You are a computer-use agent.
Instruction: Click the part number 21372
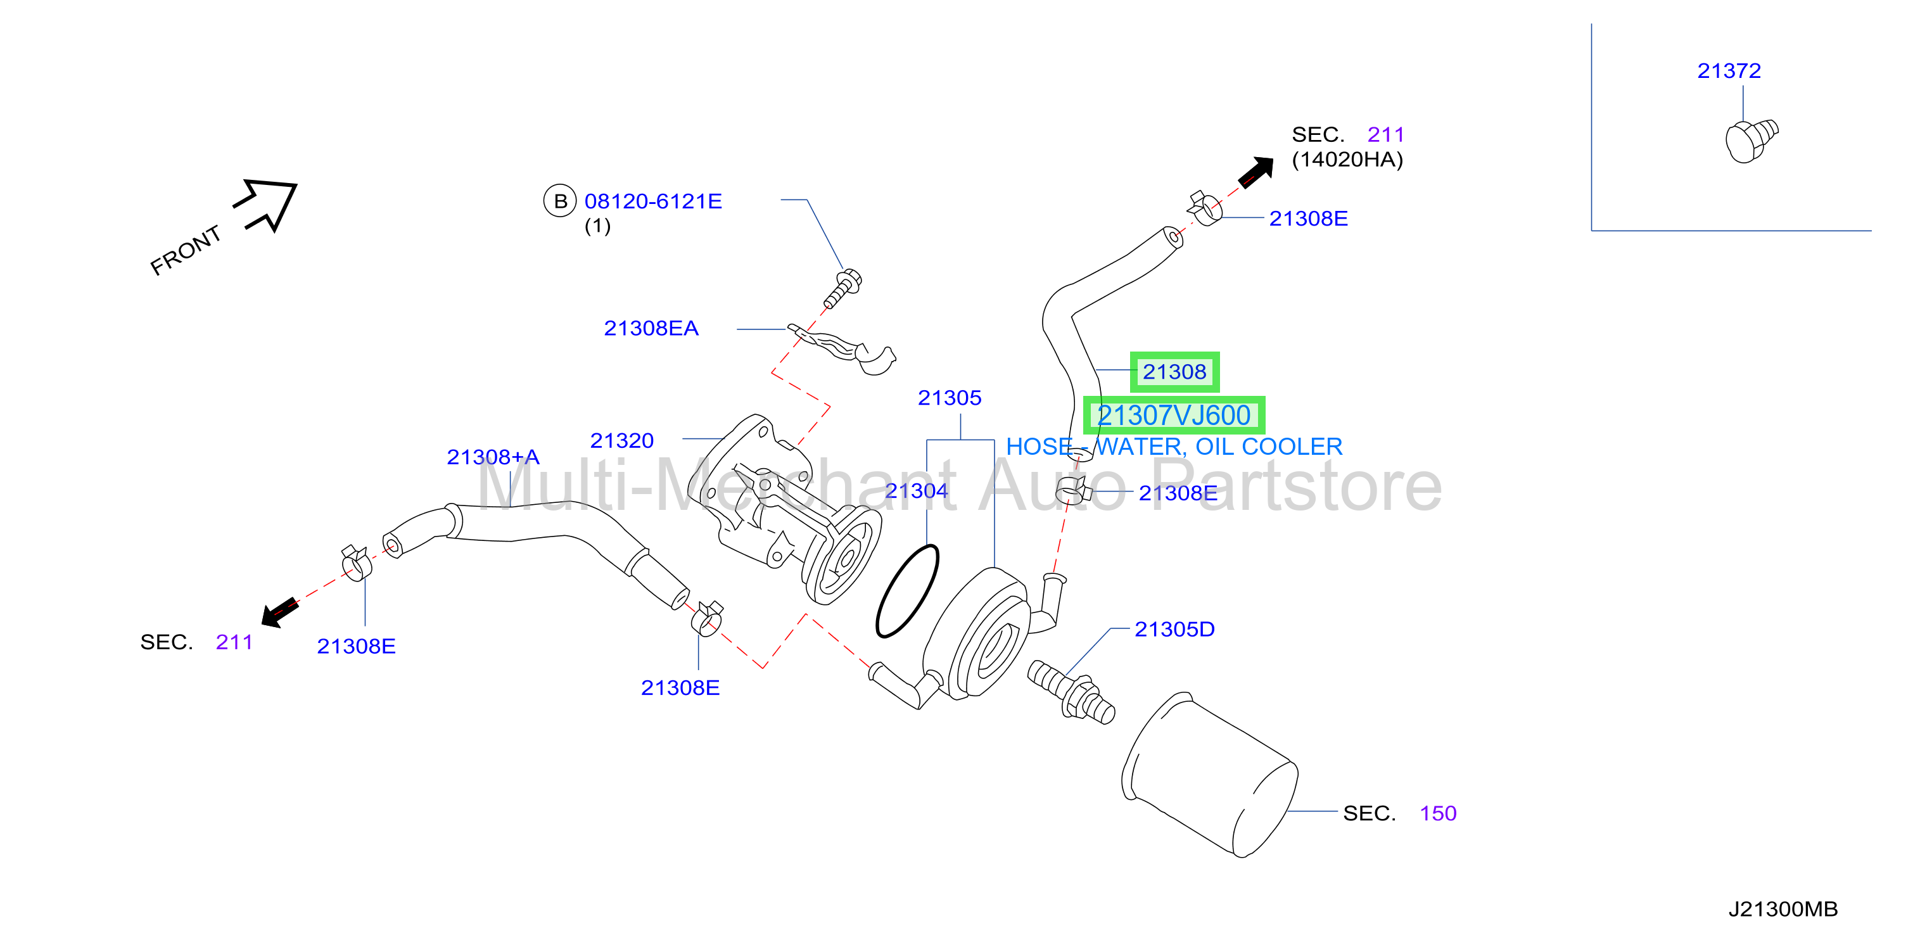click(1729, 71)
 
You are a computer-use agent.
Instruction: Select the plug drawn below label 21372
click(1751, 140)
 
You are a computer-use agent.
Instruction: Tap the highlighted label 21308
click(1174, 371)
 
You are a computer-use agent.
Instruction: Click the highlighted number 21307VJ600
click(1173, 416)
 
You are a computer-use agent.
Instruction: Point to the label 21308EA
click(651, 328)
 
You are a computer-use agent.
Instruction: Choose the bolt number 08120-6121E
click(653, 201)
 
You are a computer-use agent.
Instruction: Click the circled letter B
click(560, 201)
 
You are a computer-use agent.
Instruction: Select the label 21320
click(621, 441)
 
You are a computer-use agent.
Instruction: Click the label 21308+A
click(493, 457)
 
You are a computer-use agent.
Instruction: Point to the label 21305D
click(1174, 629)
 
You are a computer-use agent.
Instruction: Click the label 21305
click(949, 397)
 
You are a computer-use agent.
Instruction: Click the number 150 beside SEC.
click(1438, 813)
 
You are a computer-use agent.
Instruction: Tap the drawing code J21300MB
click(1783, 910)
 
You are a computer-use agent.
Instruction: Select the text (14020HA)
click(1347, 160)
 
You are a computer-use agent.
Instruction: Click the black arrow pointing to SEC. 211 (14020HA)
click(1256, 172)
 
